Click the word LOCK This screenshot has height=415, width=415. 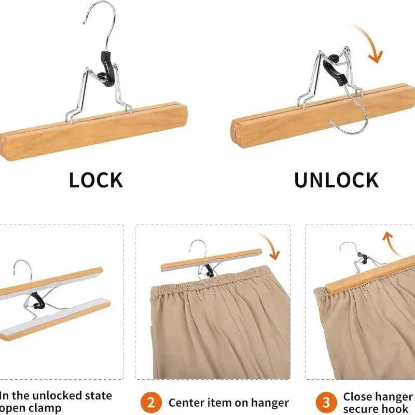tap(96, 180)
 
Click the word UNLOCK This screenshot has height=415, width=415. tap(336, 180)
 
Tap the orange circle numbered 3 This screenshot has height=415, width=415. tap(326, 402)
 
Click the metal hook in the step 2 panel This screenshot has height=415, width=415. tap(199, 248)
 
